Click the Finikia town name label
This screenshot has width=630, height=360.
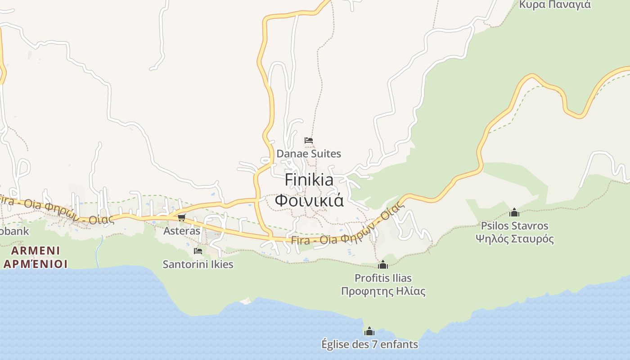pyautogui.click(x=309, y=180)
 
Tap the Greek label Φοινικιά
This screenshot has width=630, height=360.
pyautogui.click(x=309, y=200)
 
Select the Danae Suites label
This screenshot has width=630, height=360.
pyautogui.click(x=309, y=153)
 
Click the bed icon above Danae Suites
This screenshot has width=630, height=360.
pyautogui.click(x=309, y=140)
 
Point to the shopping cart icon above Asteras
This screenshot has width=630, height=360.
pyautogui.click(x=181, y=218)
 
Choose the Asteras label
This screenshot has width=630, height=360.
pyautogui.click(x=181, y=231)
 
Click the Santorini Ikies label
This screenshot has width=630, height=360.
pyautogui.click(x=198, y=264)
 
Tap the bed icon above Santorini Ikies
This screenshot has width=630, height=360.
pyautogui.click(x=198, y=251)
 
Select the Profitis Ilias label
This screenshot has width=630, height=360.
pyautogui.click(x=383, y=278)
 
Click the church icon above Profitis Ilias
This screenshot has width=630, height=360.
pyautogui.click(x=383, y=265)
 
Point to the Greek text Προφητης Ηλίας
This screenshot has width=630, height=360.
pyautogui.click(x=383, y=291)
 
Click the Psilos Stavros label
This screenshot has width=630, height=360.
pyautogui.click(x=514, y=225)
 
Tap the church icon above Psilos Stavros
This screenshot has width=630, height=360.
pyautogui.click(x=514, y=212)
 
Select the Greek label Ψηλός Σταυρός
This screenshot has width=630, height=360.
pyautogui.click(x=514, y=239)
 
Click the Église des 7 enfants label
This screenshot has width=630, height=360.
pyautogui.click(x=369, y=344)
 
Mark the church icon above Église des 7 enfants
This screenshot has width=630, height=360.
pyautogui.click(x=369, y=332)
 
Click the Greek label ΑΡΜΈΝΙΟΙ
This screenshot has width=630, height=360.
pyautogui.click(x=35, y=264)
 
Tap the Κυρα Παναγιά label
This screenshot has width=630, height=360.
pyautogui.click(x=555, y=4)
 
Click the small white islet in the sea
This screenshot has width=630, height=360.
pyautogui.click(x=246, y=301)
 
